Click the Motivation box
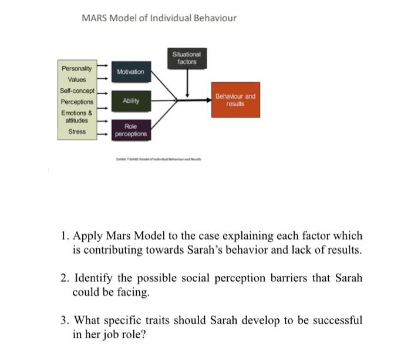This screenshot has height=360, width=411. coord(130,72)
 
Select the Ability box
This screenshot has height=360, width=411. coord(130,101)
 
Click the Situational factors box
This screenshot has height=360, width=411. coord(187,58)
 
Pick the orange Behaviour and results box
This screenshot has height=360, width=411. coord(235,99)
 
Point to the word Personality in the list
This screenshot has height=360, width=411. coord(76,69)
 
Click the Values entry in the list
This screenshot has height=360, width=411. coord(76,80)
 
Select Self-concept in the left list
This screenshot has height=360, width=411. coord(76,91)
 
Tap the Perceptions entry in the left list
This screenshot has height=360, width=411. coord(76,102)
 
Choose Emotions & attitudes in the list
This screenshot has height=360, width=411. coord(76,116)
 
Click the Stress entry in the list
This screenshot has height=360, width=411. coord(76,132)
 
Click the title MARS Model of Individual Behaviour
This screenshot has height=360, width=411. coord(159,18)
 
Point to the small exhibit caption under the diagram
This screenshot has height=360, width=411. coord(159,159)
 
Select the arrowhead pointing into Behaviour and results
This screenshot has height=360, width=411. coord(208,100)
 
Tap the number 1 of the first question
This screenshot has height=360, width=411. coord(63,236)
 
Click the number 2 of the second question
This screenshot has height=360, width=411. coord(63,278)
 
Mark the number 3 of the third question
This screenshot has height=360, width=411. coord(63,321)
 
